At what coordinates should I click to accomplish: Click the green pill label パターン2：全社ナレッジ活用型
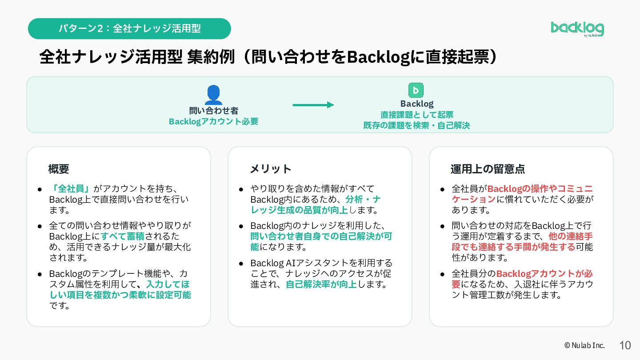click(129, 28)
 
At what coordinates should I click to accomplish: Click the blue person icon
click(213, 95)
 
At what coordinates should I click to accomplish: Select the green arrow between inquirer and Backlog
click(313, 105)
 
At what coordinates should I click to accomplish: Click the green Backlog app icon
click(416, 90)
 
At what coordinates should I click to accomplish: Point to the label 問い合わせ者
click(214, 111)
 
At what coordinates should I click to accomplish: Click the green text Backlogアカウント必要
click(214, 121)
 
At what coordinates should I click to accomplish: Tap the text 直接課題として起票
click(417, 115)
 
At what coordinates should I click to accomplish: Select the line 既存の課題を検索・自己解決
click(416, 125)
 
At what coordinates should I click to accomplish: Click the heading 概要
click(59, 169)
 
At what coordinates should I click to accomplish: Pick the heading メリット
click(271, 169)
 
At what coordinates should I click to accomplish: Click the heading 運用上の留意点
click(488, 169)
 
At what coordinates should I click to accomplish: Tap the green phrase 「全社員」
click(71, 188)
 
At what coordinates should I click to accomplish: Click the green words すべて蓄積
click(123, 236)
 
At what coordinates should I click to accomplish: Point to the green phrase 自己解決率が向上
click(321, 284)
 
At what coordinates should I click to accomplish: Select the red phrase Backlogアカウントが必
click(544, 274)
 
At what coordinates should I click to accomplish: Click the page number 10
click(625, 345)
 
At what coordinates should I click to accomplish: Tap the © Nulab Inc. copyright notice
click(584, 345)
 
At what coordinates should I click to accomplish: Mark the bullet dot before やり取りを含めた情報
click(241, 189)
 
